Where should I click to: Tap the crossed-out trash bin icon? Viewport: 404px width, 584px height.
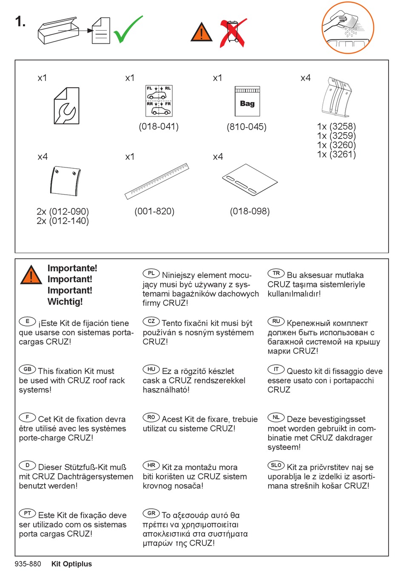(233, 32)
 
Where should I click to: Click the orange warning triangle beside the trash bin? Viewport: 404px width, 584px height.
(201, 32)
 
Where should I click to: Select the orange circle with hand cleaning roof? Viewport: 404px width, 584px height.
(348, 27)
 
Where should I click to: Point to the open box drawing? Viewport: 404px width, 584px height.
(58, 31)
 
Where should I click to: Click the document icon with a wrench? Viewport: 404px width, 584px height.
(66, 105)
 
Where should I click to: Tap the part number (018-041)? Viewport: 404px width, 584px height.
(159, 127)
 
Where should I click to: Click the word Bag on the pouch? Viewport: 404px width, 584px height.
(247, 104)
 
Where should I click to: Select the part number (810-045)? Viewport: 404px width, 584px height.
(247, 127)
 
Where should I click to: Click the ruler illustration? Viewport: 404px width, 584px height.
(157, 181)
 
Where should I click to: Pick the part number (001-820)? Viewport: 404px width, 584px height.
(154, 211)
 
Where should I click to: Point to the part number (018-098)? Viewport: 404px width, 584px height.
(250, 211)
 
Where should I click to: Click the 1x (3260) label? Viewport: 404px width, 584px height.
(336, 145)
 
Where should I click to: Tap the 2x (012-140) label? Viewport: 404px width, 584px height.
(63, 221)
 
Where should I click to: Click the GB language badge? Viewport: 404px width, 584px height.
(27, 369)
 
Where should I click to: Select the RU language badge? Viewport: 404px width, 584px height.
(276, 321)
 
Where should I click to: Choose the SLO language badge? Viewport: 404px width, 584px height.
(276, 465)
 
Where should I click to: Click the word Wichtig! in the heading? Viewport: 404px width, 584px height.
(65, 302)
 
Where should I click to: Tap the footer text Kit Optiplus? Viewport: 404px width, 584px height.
(71, 564)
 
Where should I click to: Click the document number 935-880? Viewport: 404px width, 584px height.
(28, 564)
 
